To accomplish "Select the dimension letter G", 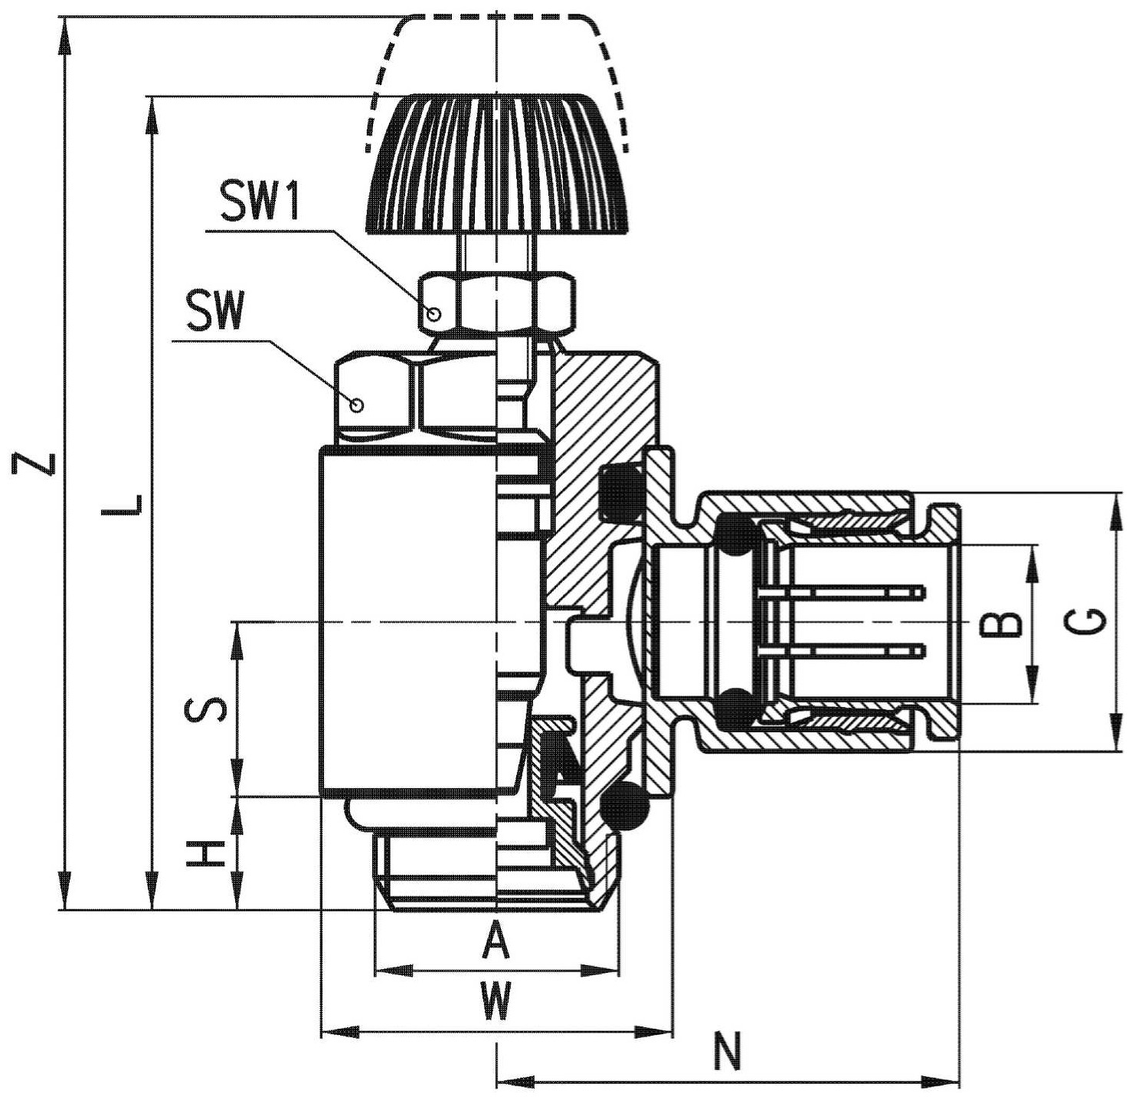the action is coord(1085,621).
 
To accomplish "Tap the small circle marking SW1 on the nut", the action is coord(434,316).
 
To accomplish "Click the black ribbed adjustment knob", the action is coord(496,164).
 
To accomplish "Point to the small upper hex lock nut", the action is coord(496,301).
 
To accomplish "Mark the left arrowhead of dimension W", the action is coord(340,1048).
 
